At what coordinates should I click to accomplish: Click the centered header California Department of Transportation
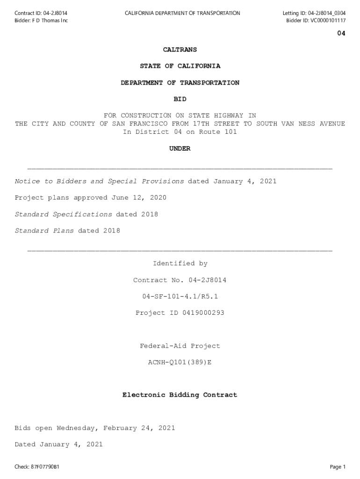pyautogui.click(x=182, y=13)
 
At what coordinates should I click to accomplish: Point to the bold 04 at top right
pyautogui.click(x=341, y=34)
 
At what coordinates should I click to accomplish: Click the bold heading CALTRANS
pyautogui.click(x=180, y=50)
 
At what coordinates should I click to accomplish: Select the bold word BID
pyautogui.click(x=180, y=99)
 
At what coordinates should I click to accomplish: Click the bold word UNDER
pyautogui.click(x=180, y=149)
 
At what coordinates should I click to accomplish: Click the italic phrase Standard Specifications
pyautogui.click(x=64, y=214)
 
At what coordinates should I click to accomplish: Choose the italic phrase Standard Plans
pyautogui.click(x=44, y=231)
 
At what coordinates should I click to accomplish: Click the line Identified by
pyautogui.click(x=180, y=264)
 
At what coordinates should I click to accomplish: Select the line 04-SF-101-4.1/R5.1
pyautogui.click(x=180, y=297)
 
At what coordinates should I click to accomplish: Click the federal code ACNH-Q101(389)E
pyautogui.click(x=180, y=363)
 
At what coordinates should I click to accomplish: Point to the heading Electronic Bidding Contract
pyautogui.click(x=180, y=395)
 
